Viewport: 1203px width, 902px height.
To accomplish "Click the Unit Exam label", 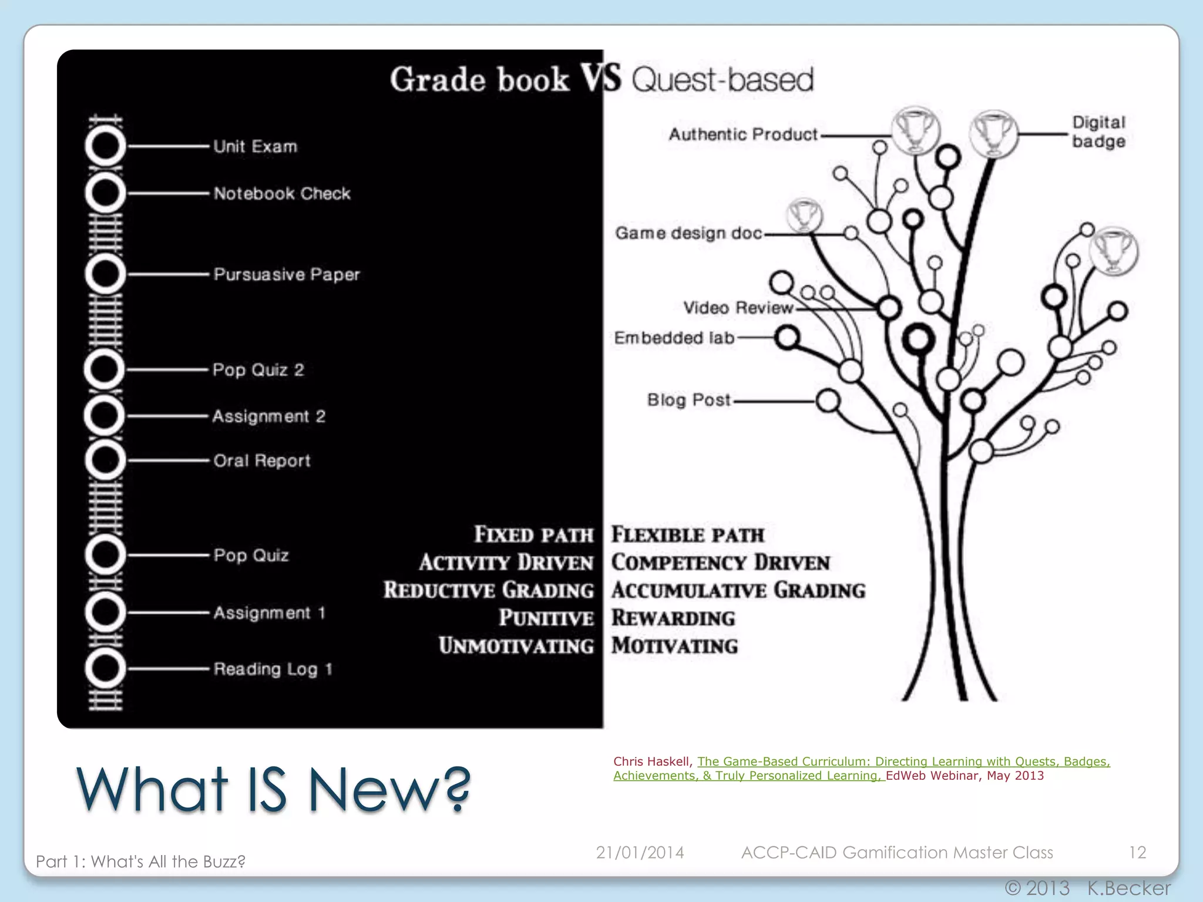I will [255, 146].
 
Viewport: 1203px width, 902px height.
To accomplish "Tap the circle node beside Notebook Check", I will [105, 193].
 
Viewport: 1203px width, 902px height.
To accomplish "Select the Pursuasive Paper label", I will [287, 274].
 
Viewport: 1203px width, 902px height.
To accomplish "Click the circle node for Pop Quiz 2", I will [105, 369].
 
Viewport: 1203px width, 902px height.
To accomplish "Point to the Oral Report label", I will [261, 460].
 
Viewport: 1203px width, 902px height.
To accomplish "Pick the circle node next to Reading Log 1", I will [105, 668].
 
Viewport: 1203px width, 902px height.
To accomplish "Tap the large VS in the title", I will [600, 78].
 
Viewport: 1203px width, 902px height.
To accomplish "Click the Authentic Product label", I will [743, 134].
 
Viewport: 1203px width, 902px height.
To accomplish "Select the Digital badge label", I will [1098, 132].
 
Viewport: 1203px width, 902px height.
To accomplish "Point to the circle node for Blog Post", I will [828, 401].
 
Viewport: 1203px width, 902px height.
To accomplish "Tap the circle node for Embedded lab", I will [787, 338].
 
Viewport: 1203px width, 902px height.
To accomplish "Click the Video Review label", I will [738, 307].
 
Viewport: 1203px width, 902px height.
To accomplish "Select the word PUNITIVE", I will [546, 618].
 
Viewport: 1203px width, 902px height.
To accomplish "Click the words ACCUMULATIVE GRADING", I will [738, 590].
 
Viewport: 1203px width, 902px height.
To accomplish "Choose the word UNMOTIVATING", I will [516, 645].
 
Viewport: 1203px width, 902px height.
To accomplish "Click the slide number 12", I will [1137, 852].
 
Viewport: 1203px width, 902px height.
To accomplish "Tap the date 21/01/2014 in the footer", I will [640, 852].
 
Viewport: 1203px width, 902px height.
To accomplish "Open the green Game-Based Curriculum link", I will [903, 762].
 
